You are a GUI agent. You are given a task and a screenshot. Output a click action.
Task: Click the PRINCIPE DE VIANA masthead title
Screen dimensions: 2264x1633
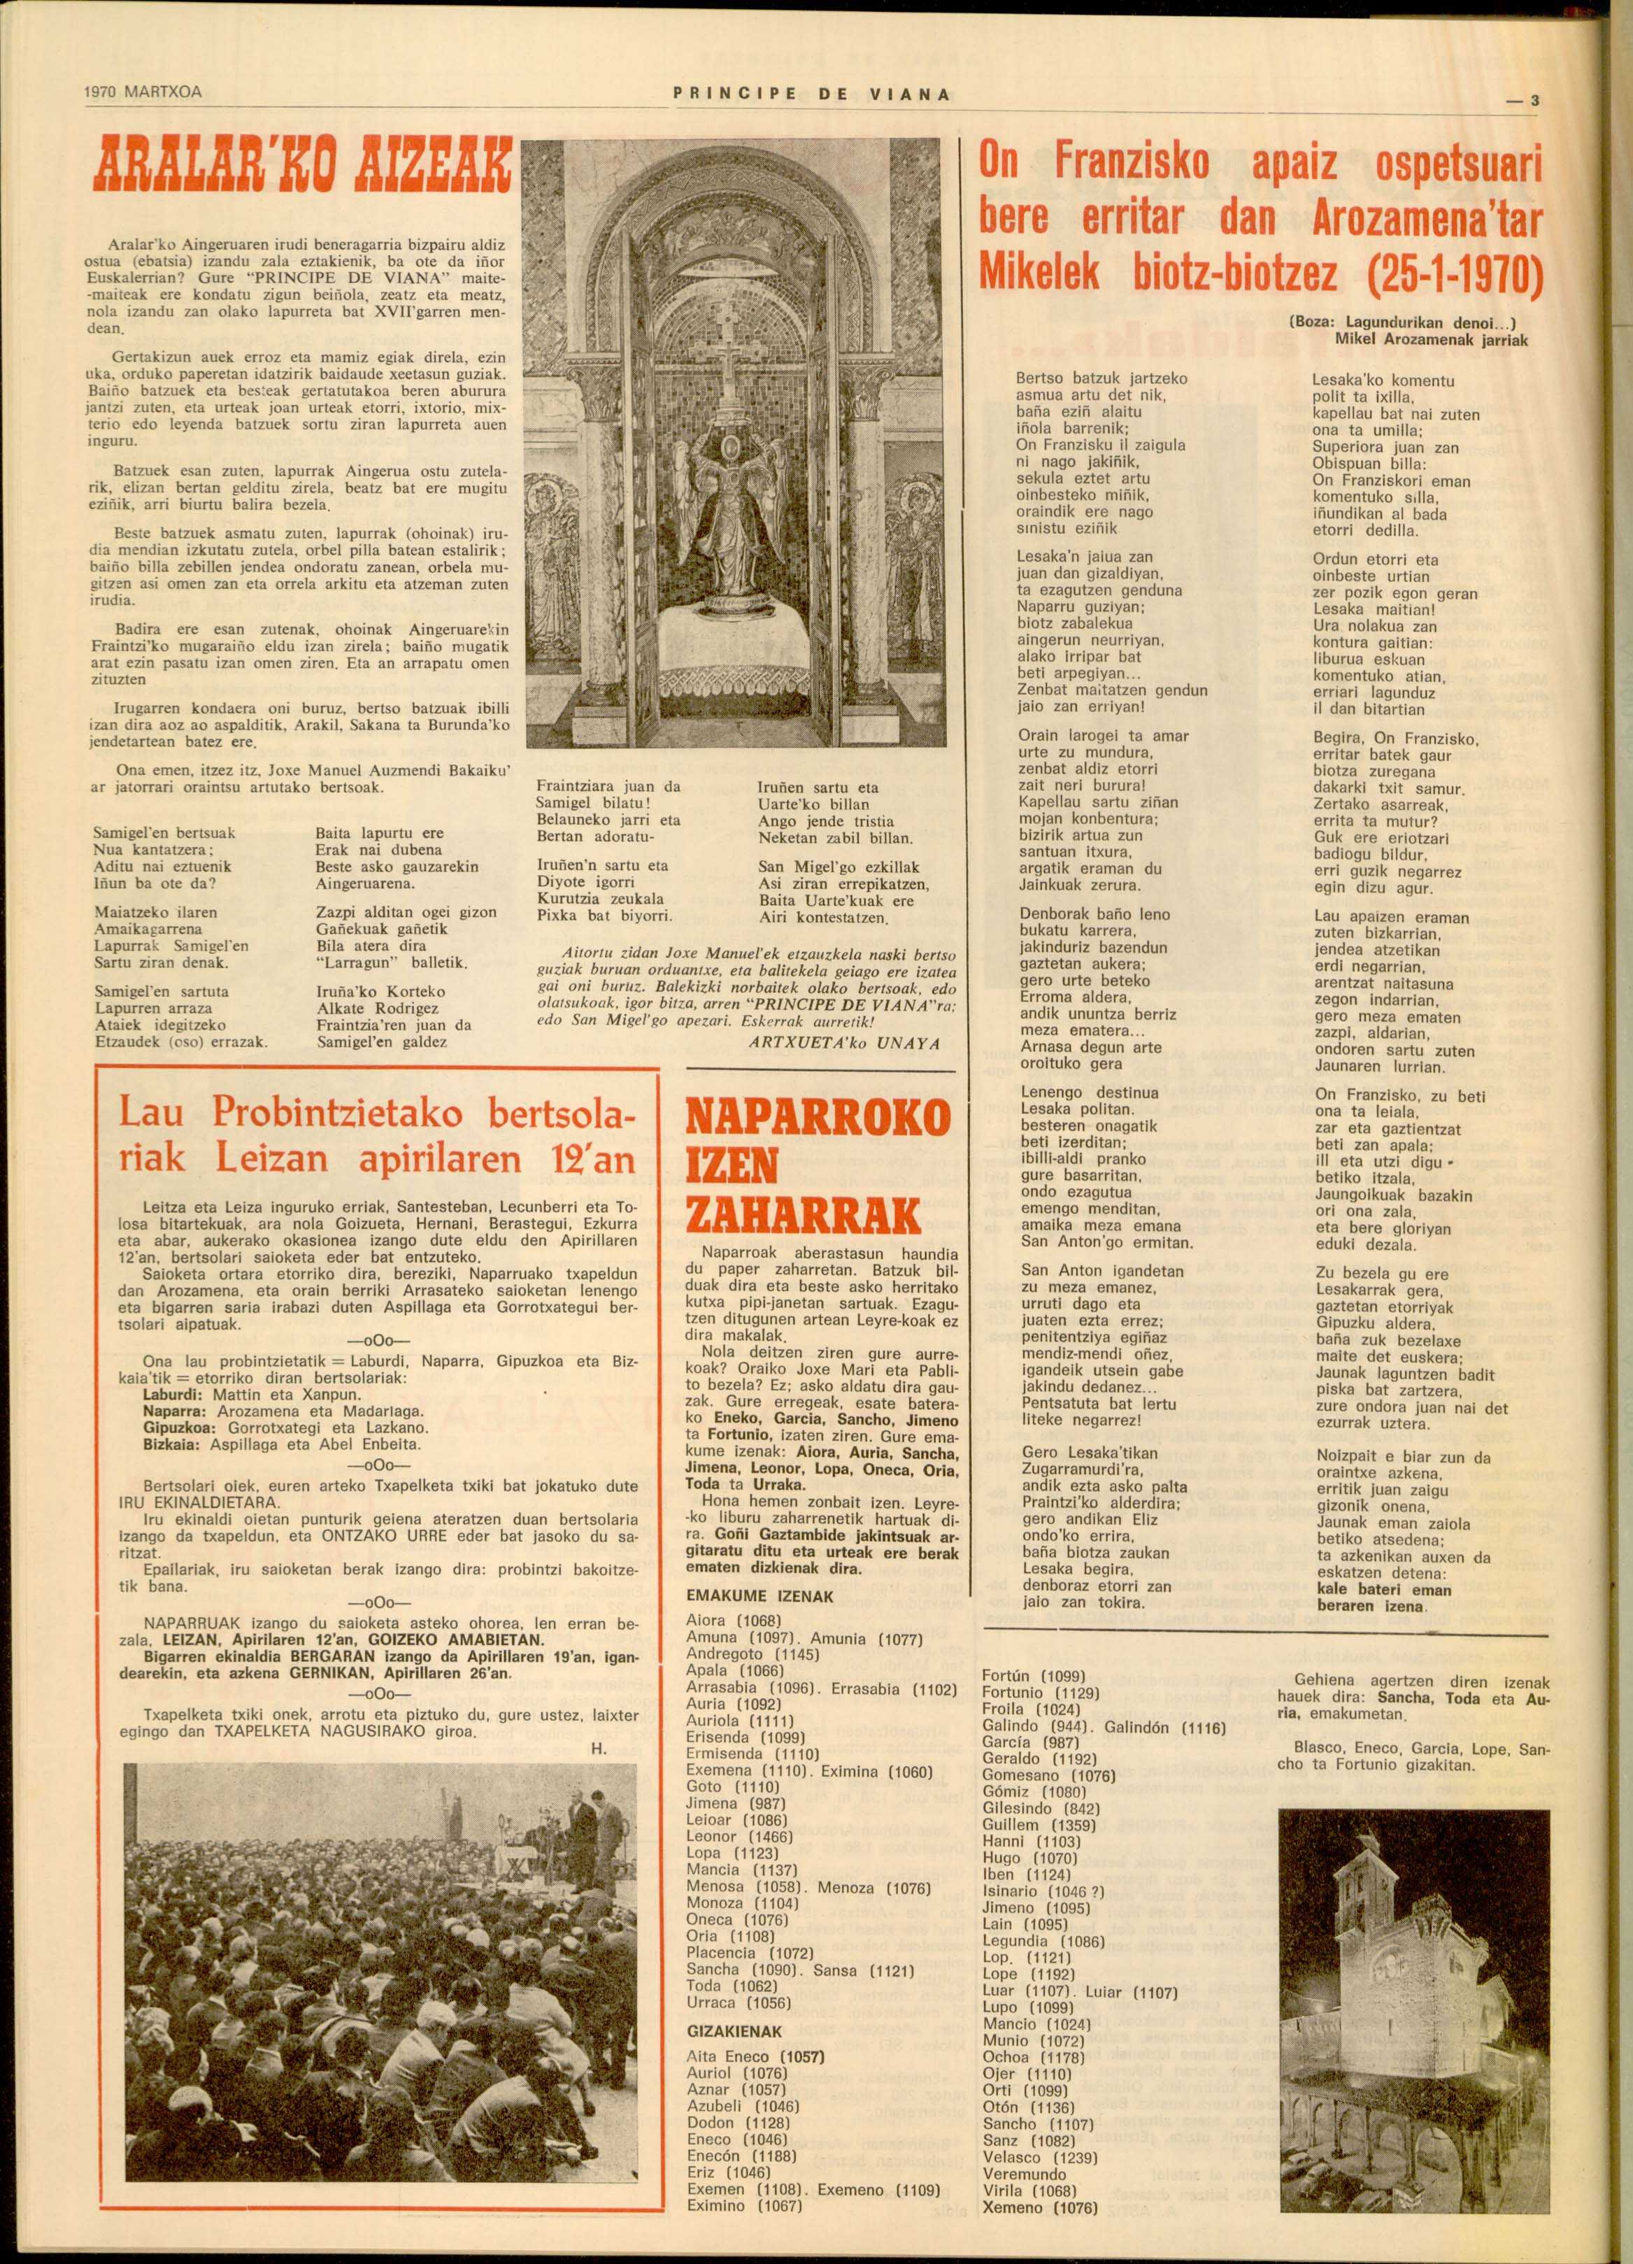click(813, 95)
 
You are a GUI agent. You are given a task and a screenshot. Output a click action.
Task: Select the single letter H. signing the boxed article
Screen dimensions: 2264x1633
click(606, 1747)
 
